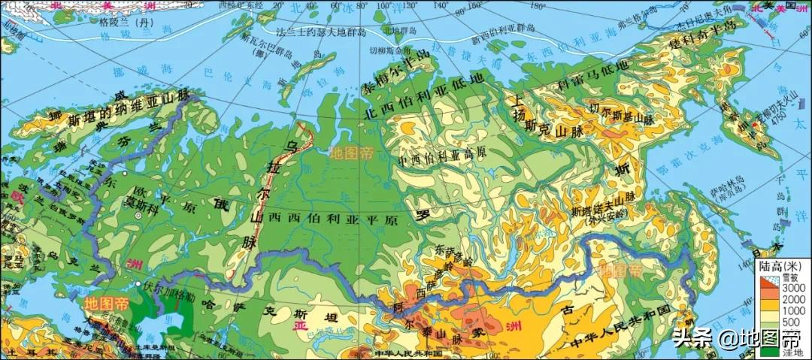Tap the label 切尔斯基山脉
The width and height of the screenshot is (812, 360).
pos(619,116)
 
